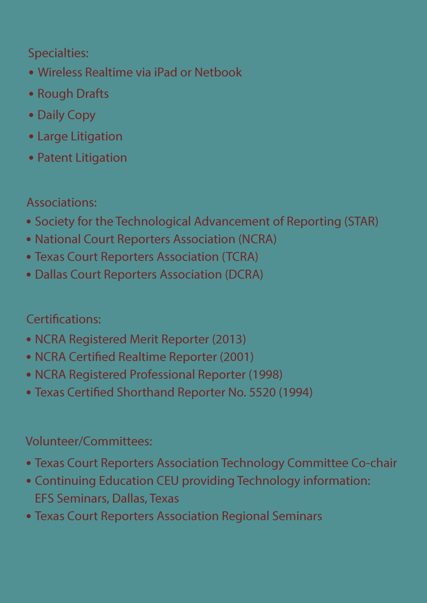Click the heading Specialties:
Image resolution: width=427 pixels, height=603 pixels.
pos(58,53)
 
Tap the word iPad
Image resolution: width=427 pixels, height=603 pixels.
pos(165,72)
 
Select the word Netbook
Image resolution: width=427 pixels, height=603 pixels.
pos(218,72)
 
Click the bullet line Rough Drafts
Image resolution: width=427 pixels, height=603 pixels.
pos(73,94)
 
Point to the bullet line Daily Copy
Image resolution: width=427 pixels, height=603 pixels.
pos(66,115)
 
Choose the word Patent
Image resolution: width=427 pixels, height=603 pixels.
pos(54,158)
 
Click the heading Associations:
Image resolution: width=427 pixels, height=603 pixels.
pos(62,202)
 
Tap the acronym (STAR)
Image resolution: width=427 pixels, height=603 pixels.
pos(361,221)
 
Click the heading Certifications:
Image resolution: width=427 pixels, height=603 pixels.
pos(63,319)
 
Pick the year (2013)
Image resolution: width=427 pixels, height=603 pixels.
pos(229,340)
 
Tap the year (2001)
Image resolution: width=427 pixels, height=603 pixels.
pos(237,357)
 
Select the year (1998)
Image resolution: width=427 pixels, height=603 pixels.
pos(265,375)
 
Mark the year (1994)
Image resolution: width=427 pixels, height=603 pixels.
pos(296,393)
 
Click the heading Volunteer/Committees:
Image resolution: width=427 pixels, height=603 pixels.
pos(89,441)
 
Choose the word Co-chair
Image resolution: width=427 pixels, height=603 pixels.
pos(374,463)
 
